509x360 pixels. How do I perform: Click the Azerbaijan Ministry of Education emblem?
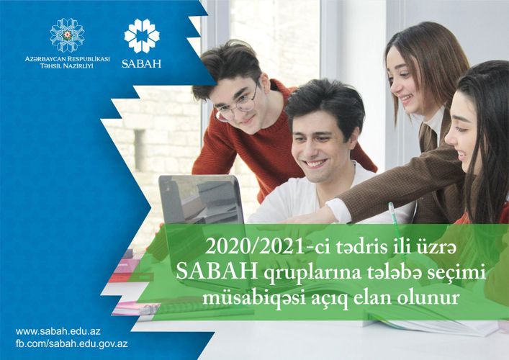click(67, 35)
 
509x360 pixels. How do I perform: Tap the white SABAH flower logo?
click(142, 36)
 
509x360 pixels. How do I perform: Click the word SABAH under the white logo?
click(141, 63)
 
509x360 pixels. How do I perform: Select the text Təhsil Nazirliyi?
click(66, 66)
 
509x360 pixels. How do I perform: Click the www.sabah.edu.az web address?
click(58, 331)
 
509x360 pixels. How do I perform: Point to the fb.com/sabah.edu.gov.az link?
click(72, 343)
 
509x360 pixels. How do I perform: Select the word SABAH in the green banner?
click(217, 272)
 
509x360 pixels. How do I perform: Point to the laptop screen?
click(202, 199)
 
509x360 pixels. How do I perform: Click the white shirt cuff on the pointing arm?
click(338, 210)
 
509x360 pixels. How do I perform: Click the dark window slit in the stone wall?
click(140, 150)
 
